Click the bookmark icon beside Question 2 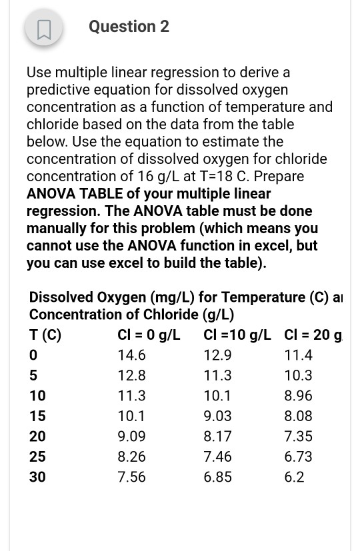click(44, 29)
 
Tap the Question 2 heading click(129, 27)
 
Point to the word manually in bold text click(55, 228)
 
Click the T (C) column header click(45, 334)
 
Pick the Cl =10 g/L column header click(237, 334)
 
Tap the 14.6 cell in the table click(131, 355)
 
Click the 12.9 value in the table click(217, 355)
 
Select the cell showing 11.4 click(298, 355)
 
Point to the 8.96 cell click(298, 396)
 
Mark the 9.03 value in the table click(217, 416)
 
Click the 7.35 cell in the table click(298, 436)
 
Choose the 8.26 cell click(131, 457)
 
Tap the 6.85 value click(217, 477)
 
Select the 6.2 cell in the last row click(294, 477)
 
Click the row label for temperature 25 click(37, 457)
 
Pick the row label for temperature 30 click(37, 477)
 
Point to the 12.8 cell click(131, 376)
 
